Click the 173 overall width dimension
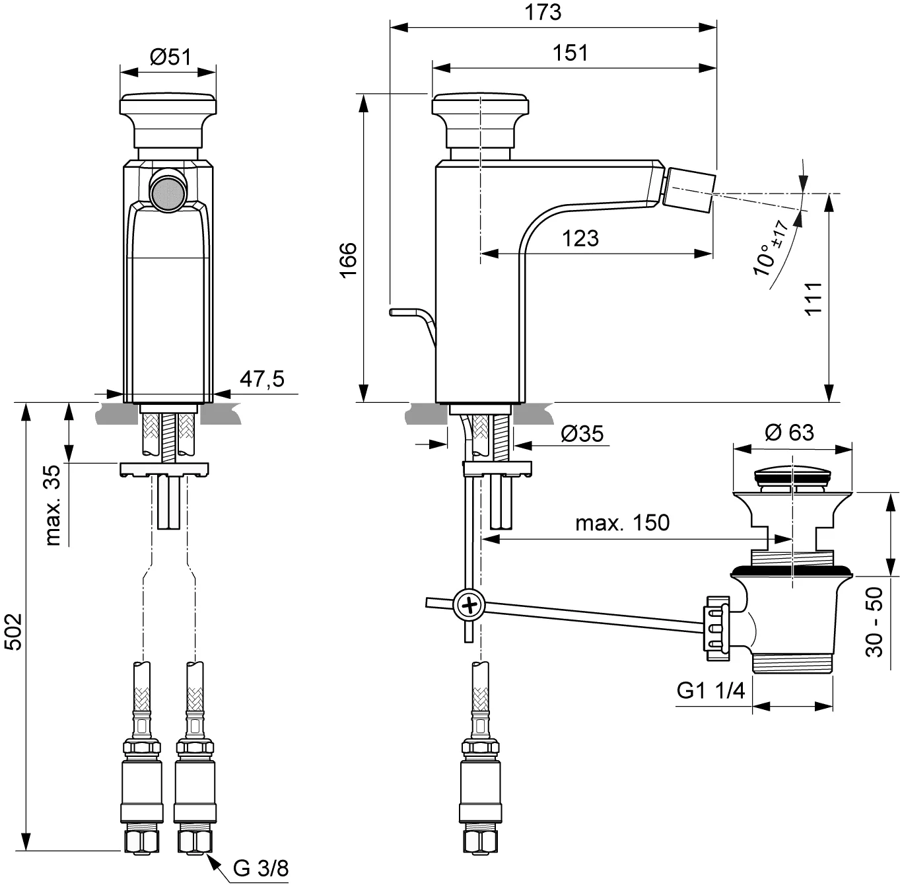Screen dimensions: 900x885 [543, 13]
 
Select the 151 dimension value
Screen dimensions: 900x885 [571, 53]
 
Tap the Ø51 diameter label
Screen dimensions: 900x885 [170, 57]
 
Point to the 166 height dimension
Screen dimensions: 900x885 [348, 260]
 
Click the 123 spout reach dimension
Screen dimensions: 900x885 [580, 238]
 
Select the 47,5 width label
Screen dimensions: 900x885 [262, 378]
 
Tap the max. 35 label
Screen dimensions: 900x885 [53, 505]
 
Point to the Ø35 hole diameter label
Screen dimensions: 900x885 [582, 434]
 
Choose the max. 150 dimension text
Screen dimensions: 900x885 [623, 522]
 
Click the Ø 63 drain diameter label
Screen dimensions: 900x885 [789, 432]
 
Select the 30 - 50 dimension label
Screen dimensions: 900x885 [874, 622]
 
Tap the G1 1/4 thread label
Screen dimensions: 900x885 [711, 690]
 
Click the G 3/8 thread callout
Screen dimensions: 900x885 [261, 868]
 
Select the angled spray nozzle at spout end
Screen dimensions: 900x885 [689, 191]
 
